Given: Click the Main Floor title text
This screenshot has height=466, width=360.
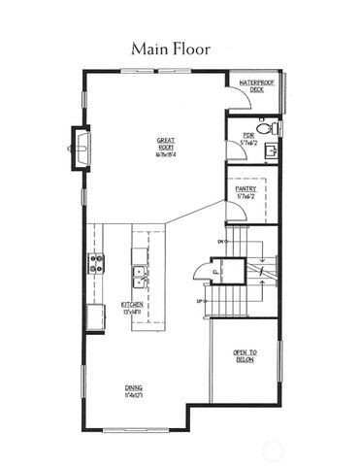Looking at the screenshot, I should [x=180, y=48].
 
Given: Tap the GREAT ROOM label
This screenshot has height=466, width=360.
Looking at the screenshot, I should [x=166, y=144].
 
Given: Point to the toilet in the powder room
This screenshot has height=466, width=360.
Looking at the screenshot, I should [x=273, y=127].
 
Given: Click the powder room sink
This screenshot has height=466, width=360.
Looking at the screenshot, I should [x=272, y=150].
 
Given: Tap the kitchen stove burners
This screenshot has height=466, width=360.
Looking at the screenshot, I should [x=96, y=262].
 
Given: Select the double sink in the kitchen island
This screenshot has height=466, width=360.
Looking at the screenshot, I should [x=141, y=277].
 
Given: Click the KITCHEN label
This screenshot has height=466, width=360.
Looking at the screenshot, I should [x=132, y=304].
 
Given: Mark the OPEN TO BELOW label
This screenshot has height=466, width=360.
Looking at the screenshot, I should [x=244, y=355].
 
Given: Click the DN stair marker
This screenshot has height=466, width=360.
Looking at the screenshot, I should [x=221, y=240].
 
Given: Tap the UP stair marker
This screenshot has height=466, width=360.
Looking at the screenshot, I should [x=201, y=302].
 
